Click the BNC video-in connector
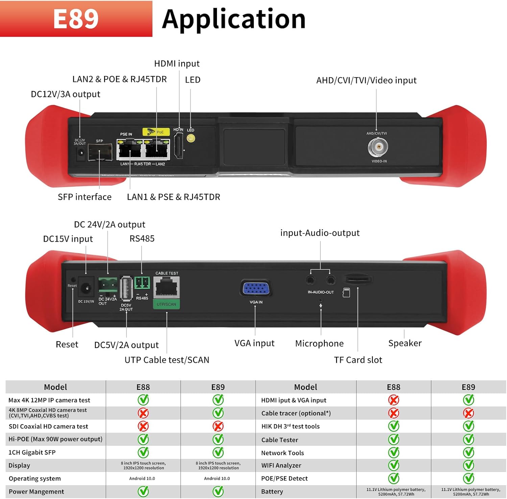[x=378, y=147]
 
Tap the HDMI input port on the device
[x=178, y=146]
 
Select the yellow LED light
[x=191, y=138]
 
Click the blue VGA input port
[x=256, y=289]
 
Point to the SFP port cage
[x=100, y=153]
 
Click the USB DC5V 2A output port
[x=126, y=289]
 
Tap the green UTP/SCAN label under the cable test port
[x=167, y=304]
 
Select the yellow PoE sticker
[x=156, y=132]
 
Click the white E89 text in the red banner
[x=76, y=19]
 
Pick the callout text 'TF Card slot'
[x=358, y=360]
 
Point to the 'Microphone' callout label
[x=319, y=343]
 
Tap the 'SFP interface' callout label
[x=84, y=197]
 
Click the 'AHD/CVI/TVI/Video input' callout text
[x=366, y=80]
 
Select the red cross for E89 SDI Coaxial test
[x=218, y=426]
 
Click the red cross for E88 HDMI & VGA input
[x=393, y=400]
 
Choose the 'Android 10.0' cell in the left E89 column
[x=217, y=478]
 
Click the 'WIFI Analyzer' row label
[x=281, y=465]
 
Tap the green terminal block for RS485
[x=142, y=283]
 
